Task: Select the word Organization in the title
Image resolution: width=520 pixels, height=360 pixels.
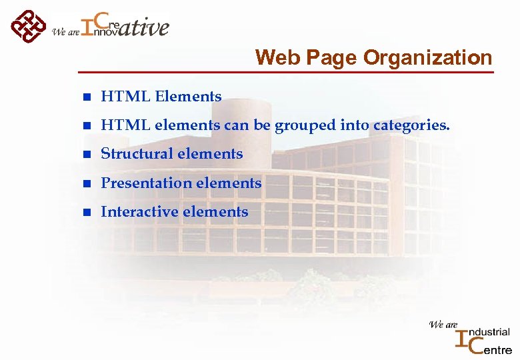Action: pyautogui.click(x=427, y=59)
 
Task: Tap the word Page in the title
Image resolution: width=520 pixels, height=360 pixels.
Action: pyautogui.click(x=327, y=59)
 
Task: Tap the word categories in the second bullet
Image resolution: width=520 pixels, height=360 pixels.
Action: pyautogui.click(x=411, y=125)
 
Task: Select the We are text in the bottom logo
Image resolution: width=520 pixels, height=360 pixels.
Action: pyautogui.click(x=443, y=325)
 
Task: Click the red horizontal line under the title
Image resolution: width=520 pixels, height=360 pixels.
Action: pyautogui.click(x=287, y=71)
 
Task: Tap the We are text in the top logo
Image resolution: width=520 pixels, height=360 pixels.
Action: pyautogui.click(x=65, y=31)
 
